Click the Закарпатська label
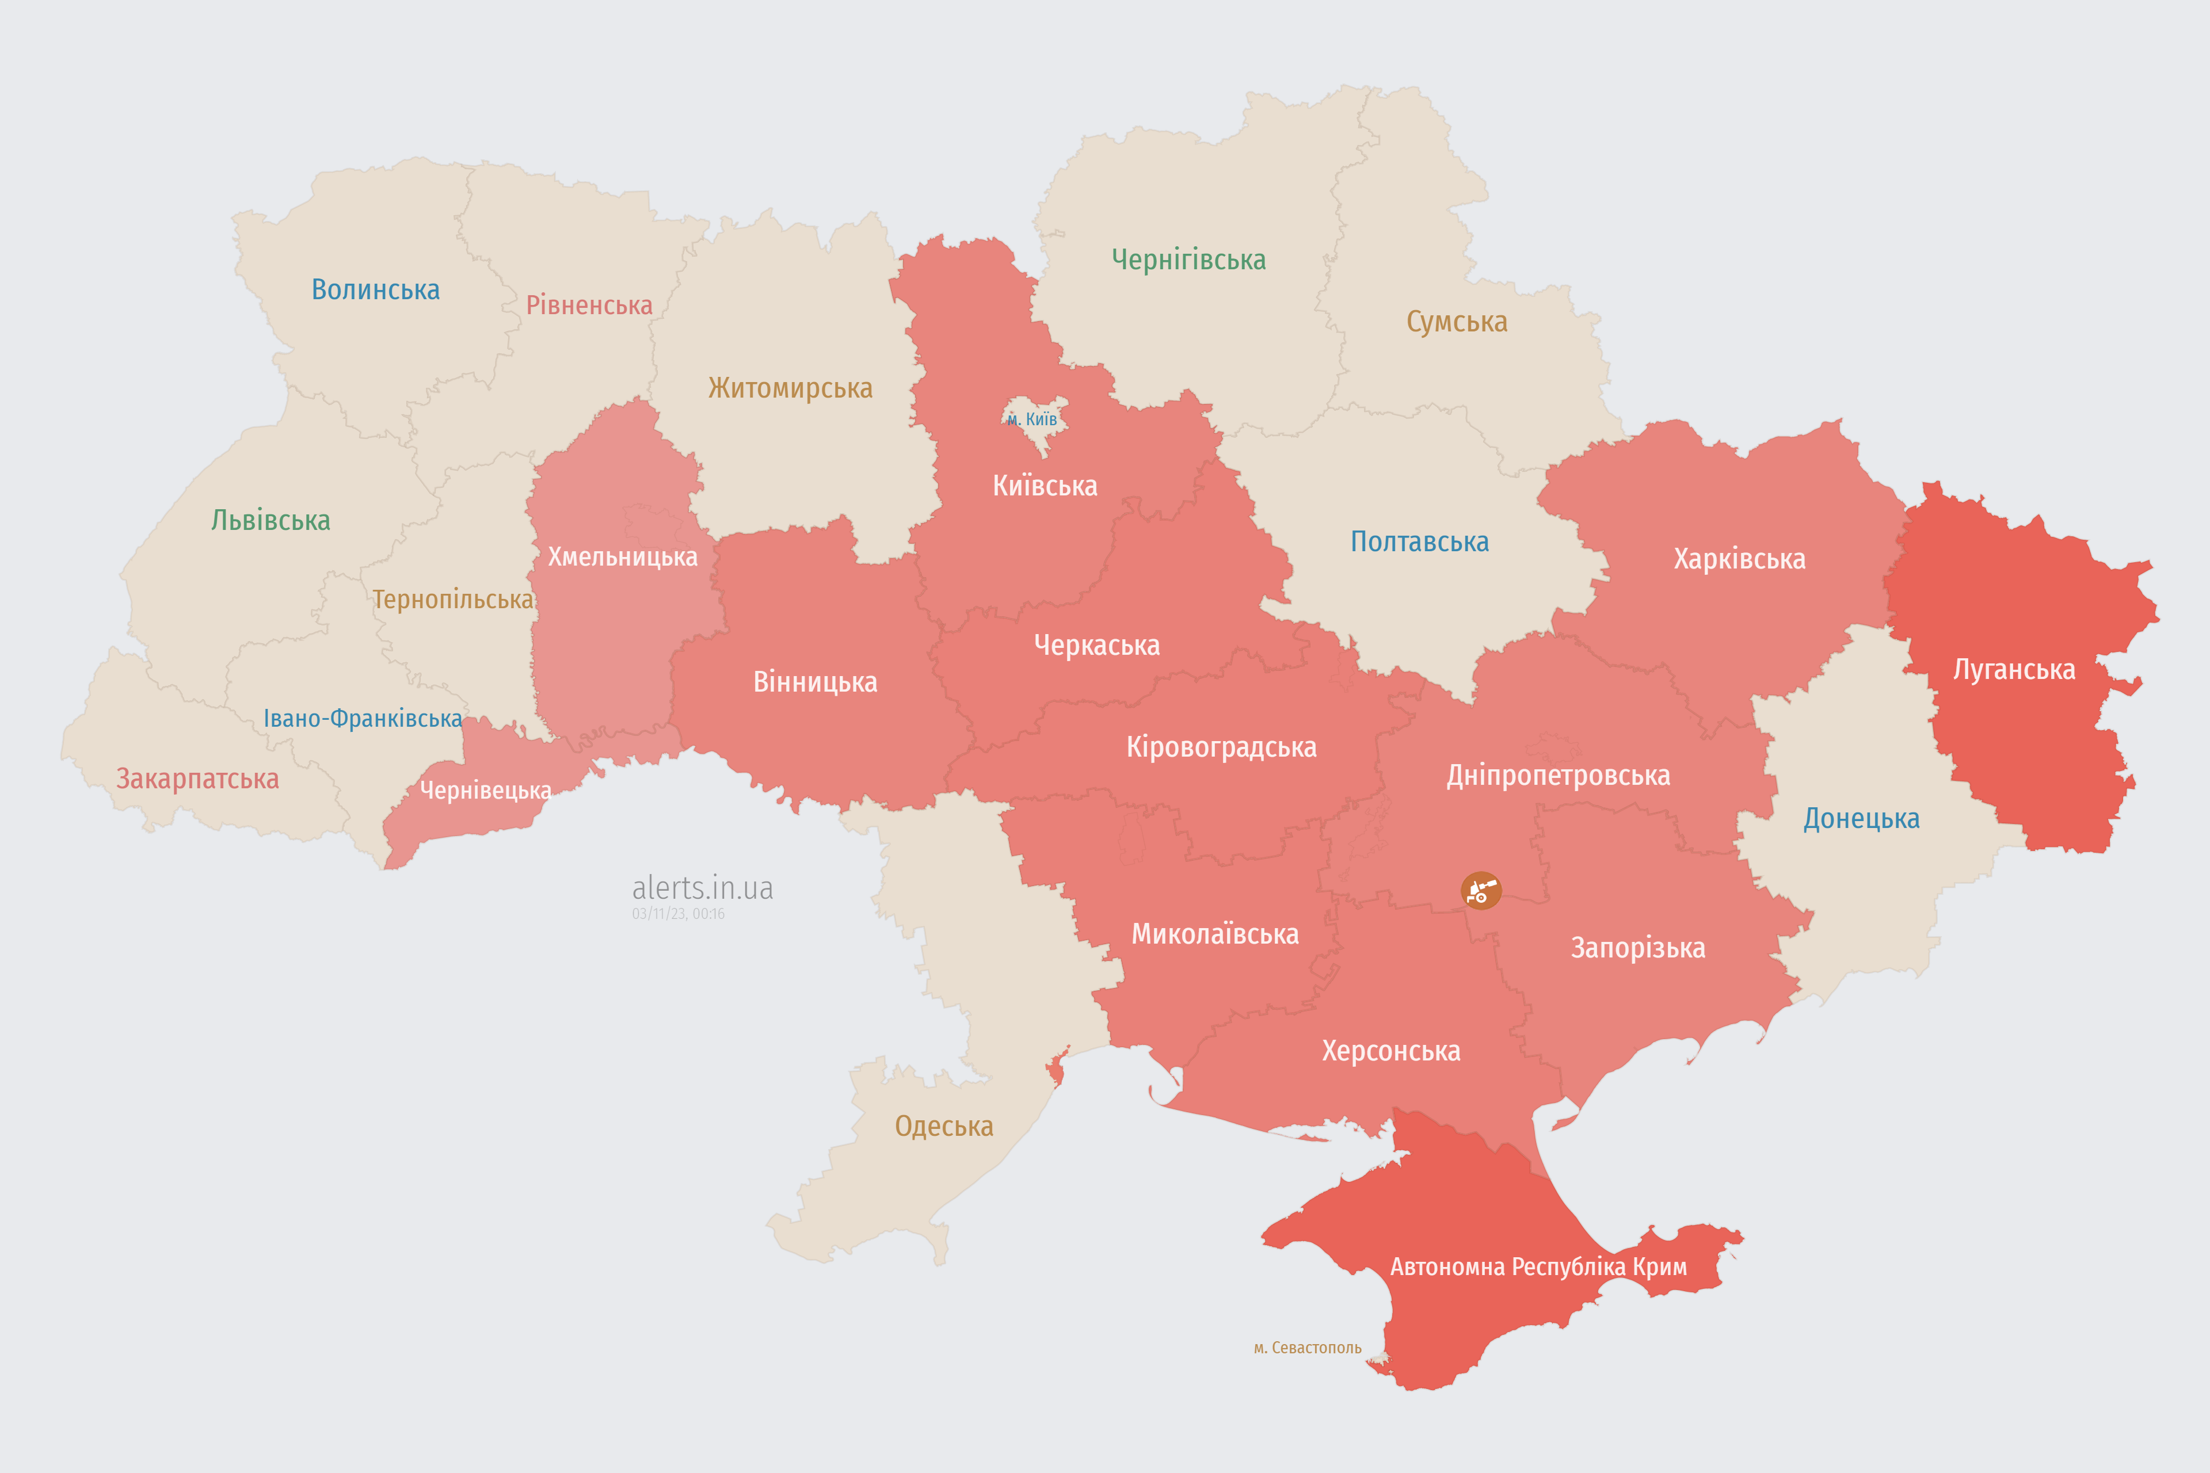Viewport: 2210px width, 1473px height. tap(197, 779)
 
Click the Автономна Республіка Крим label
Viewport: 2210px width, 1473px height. tap(1538, 1266)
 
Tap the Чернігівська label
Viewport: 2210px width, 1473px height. tap(1188, 260)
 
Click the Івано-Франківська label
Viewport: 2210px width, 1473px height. tap(363, 719)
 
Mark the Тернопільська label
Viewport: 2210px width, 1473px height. tap(453, 600)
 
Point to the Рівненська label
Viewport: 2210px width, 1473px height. tap(589, 306)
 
